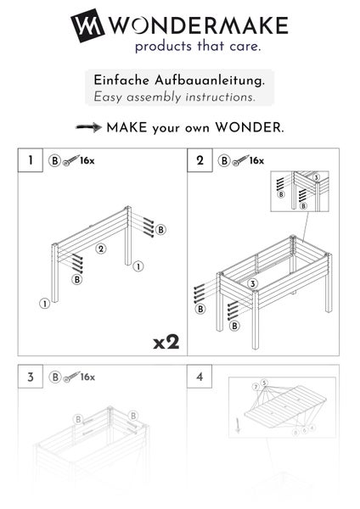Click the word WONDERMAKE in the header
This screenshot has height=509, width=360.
197,25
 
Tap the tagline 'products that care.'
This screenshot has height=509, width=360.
197,46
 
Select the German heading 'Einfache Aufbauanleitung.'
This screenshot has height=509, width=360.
179,81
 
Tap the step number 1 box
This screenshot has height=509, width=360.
31,159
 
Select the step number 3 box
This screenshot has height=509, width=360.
31,377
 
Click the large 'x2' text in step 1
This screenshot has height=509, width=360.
166,342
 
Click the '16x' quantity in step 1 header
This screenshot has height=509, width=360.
87,159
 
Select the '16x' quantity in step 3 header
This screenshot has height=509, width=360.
87,377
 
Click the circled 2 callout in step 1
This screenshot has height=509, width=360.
100,249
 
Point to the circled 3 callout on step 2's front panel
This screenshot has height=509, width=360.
253,282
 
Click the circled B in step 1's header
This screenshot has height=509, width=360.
54,159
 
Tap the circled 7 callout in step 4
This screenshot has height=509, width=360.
256,388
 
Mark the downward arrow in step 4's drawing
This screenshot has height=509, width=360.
238,425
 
